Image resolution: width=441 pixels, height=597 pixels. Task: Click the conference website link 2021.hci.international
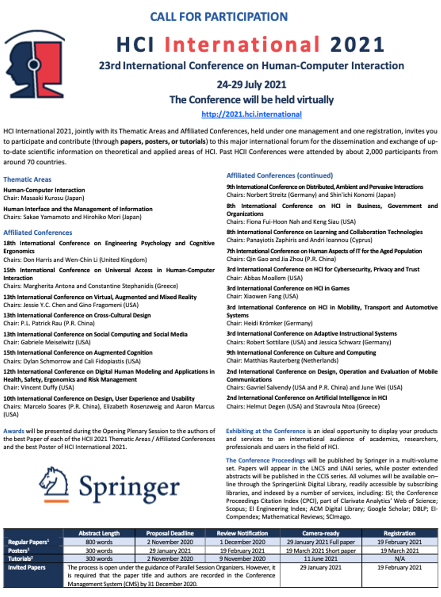(x=251, y=114)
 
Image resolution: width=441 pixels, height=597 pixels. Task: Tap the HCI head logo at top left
(x=35, y=64)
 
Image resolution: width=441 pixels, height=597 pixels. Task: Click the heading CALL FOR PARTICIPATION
(x=219, y=17)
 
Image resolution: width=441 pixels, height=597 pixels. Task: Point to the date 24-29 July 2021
(x=251, y=84)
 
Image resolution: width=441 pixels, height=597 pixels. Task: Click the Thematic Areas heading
(x=27, y=180)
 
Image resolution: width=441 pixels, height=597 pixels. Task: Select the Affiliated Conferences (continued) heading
(x=280, y=175)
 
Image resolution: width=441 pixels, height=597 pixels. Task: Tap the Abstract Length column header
(x=99, y=533)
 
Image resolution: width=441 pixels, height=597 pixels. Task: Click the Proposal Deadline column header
(x=170, y=533)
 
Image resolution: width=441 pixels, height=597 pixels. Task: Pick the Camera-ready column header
(x=321, y=533)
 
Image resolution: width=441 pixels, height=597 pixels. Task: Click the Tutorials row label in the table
(x=20, y=559)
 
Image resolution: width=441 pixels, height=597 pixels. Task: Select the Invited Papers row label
(x=26, y=568)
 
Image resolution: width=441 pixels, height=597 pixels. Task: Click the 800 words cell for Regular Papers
(x=99, y=542)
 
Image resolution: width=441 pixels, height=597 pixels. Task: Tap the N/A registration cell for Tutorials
(x=400, y=559)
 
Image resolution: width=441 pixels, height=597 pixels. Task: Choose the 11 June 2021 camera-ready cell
(x=321, y=559)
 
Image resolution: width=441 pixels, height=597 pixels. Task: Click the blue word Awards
(x=14, y=431)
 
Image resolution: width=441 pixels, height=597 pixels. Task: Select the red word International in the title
(x=242, y=44)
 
